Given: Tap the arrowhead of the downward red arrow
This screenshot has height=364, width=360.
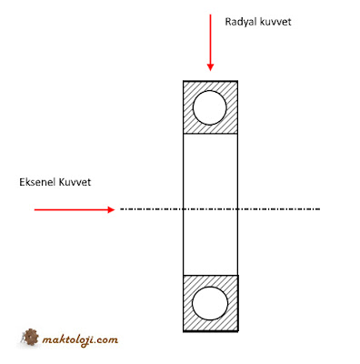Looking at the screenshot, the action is click(210, 66).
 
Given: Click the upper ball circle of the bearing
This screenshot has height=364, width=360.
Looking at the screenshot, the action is click(213, 108).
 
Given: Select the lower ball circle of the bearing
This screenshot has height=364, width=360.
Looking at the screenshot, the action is click(213, 301).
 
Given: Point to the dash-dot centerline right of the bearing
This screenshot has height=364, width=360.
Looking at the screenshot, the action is click(282, 209).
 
